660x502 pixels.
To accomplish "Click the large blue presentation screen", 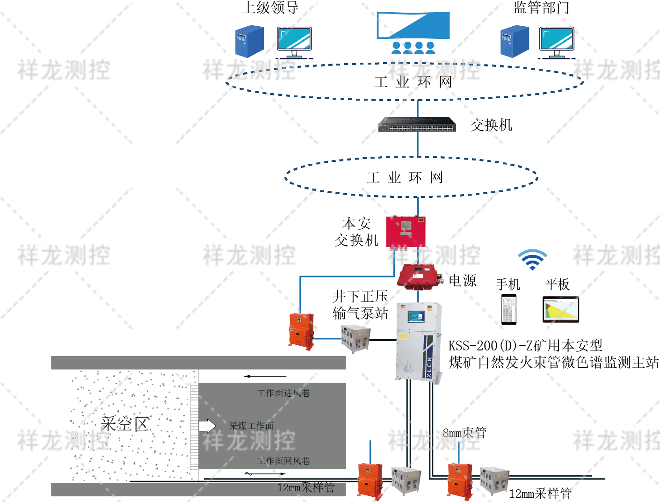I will click(x=413, y=25).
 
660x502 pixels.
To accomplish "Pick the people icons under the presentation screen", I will click(x=413, y=48).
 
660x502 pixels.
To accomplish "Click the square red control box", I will click(x=405, y=231).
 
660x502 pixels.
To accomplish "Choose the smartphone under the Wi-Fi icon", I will click(x=508, y=309).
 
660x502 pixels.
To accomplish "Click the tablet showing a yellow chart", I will click(x=560, y=309).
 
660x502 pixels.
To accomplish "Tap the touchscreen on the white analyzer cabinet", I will click(x=416, y=316).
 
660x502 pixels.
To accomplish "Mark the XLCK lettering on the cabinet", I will click(x=429, y=367).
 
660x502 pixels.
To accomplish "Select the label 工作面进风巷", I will click(x=283, y=393).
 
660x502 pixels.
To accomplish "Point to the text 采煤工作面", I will click(x=252, y=426).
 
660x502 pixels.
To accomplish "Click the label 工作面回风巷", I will click(x=283, y=461).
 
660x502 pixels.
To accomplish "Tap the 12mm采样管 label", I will click(x=306, y=487).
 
